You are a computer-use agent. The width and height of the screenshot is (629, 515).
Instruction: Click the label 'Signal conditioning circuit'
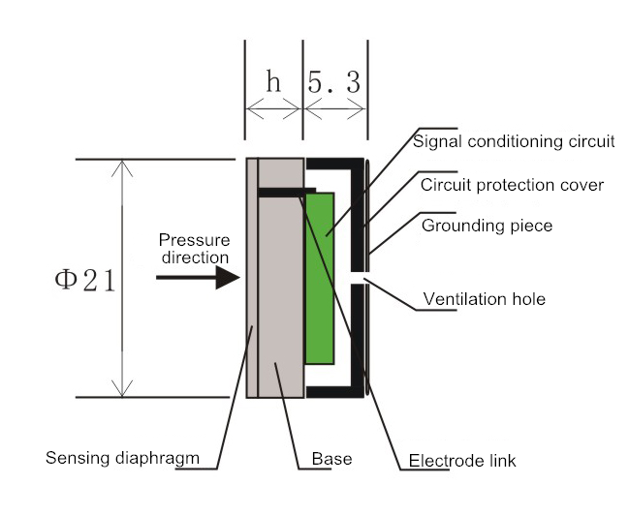[514, 141]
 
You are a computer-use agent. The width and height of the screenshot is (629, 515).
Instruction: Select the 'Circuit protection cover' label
[514, 184]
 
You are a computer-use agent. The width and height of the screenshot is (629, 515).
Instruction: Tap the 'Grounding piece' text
[487, 226]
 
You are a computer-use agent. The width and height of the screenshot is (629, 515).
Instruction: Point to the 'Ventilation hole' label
[485, 299]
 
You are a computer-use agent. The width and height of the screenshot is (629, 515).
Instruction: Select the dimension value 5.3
[334, 82]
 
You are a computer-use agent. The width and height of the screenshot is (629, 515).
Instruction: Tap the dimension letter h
[273, 82]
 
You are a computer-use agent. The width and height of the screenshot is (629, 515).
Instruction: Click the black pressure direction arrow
[198, 278]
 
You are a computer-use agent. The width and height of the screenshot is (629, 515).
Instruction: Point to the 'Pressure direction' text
[194, 249]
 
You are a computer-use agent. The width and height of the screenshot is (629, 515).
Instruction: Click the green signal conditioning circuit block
[320, 276]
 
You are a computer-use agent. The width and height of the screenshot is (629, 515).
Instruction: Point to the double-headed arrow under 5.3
[334, 109]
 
